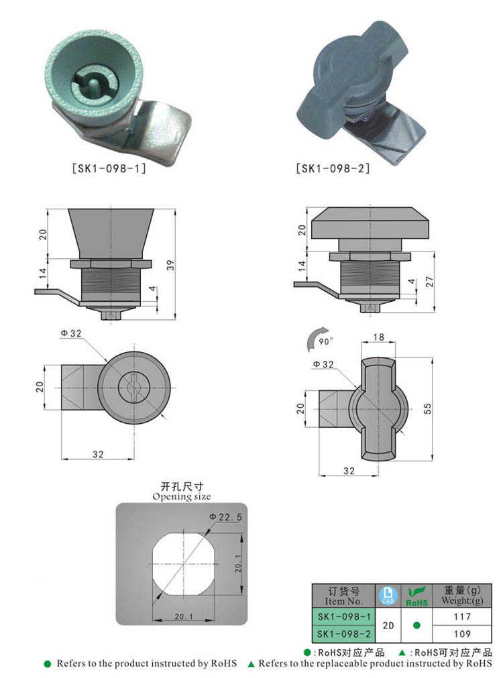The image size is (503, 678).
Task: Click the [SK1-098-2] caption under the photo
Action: point(333,169)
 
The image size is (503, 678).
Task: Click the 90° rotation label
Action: point(325,341)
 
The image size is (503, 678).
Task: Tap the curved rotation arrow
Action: point(315,339)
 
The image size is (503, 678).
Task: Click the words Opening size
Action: point(181,497)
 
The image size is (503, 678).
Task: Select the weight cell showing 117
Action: point(463,616)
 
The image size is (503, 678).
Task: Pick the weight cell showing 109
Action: point(463,633)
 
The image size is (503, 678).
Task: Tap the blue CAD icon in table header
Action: point(388,596)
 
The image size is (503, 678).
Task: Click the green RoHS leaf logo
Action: point(416,596)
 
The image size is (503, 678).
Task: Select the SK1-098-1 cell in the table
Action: point(344,616)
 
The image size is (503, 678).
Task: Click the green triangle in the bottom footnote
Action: point(251,664)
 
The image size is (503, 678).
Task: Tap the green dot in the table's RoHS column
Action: point(416,625)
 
